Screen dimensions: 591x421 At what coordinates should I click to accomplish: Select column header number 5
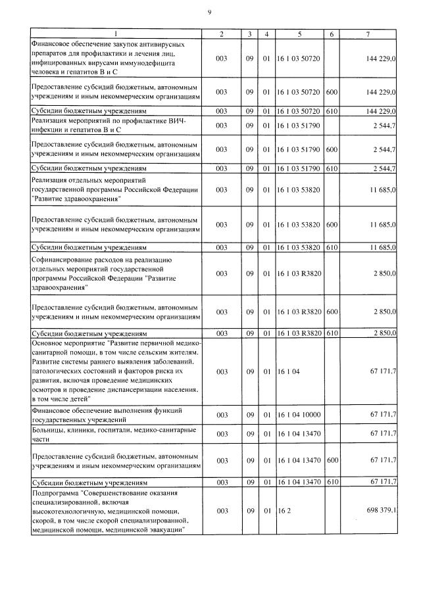[299, 34]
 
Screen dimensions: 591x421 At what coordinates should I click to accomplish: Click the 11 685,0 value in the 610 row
[382, 247]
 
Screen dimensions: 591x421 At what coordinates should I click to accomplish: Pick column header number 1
[116, 34]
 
